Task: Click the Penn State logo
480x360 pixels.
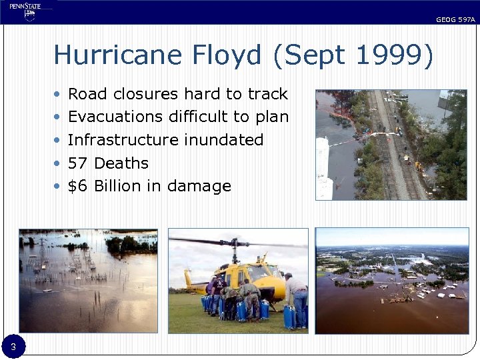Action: pos(25,11)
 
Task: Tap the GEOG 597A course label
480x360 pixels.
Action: pos(455,20)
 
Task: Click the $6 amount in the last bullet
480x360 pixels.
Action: pos(78,186)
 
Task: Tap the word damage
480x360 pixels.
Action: pos(199,186)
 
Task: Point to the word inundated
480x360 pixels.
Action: pos(223,140)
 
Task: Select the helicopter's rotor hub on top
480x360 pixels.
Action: pos(234,241)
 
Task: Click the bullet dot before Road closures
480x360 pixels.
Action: pos(58,95)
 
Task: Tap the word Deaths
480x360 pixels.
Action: pos(121,163)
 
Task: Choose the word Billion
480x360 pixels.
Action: pos(118,186)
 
